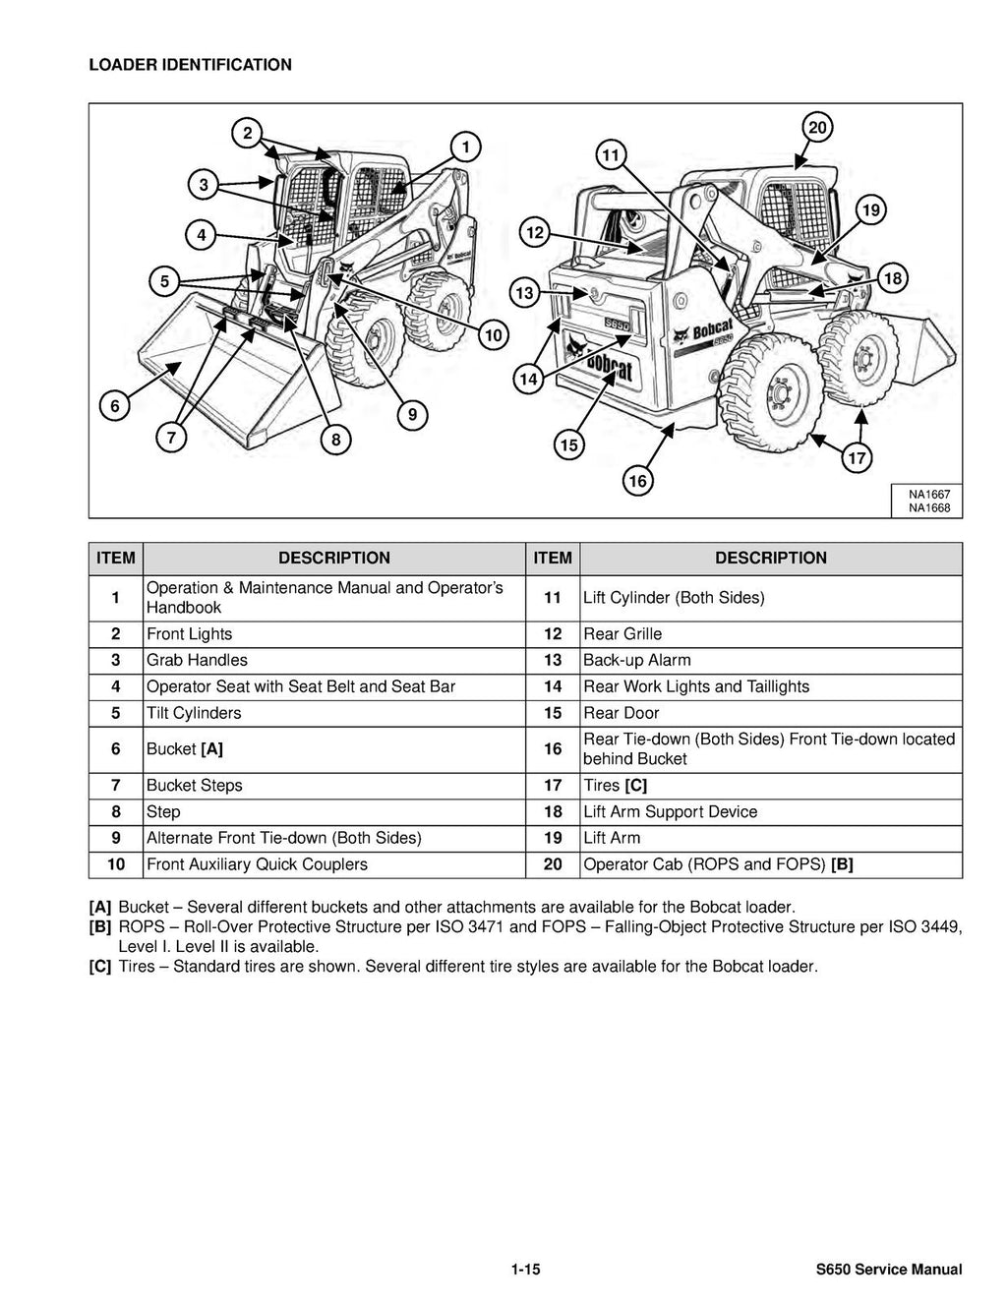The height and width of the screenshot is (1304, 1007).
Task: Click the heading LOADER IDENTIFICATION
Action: tap(190, 65)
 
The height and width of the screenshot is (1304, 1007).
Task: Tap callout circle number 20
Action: tap(817, 127)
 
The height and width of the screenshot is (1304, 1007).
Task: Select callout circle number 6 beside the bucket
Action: tap(114, 405)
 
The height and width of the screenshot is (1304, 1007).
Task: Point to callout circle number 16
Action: tap(637, 481)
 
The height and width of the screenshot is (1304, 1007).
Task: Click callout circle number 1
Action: tap(464, 148)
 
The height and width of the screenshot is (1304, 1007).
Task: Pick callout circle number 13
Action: tap(524, 293)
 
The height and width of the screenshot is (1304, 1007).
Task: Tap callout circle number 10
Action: tap(493, 335)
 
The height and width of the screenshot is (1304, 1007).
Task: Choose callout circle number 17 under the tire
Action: tap(858, 458)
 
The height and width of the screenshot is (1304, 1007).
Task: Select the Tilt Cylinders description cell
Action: tap(194, 713)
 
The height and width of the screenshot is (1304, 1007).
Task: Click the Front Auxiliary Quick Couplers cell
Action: tap(257, 864)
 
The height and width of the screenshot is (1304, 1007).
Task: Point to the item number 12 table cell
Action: tap(553, 634)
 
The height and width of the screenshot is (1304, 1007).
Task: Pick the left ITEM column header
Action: tap(116, 558)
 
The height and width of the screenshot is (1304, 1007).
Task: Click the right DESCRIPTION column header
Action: tap(770, 558)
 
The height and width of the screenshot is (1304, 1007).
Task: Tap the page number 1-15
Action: tap(525, 1270)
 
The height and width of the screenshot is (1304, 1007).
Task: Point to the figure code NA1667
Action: tap(927, 494)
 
